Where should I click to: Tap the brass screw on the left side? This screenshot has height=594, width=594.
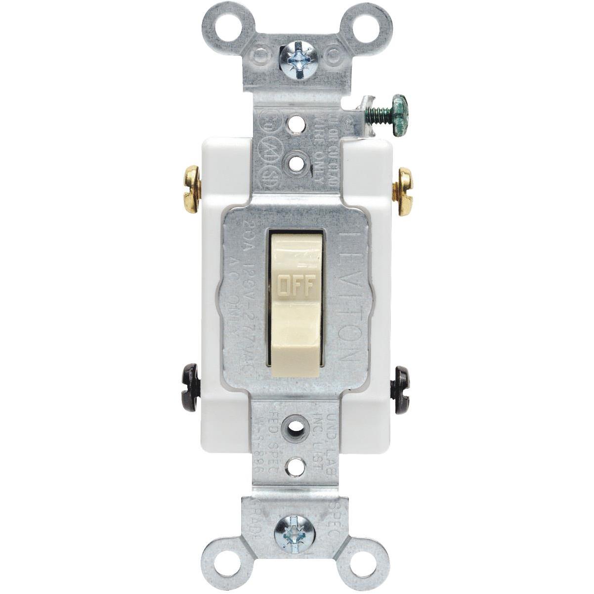(x=191, y=189)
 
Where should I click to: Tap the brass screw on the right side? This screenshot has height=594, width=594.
(x=403, y=192)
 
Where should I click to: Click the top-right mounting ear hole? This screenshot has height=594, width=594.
(x=367, y=23)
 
